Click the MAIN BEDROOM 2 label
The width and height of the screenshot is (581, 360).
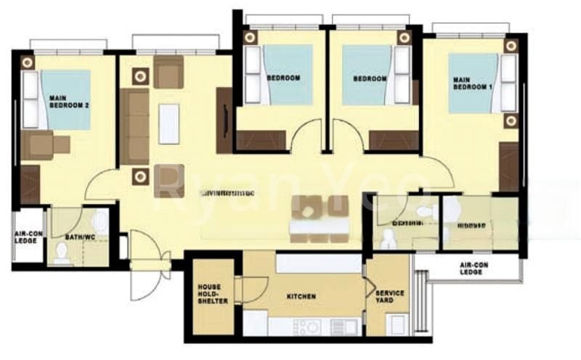pyautogui.click(x=69, y=101)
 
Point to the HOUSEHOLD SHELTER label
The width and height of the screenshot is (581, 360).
pyautogui.click(x=214, y=294)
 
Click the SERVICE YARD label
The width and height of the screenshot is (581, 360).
pyautogui.click(x=390, y=297)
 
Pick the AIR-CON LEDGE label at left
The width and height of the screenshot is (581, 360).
pyautogui.click(x=28, y=237)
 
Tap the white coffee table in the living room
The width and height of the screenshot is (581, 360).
pyautogui.click(x=168, y=123)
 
